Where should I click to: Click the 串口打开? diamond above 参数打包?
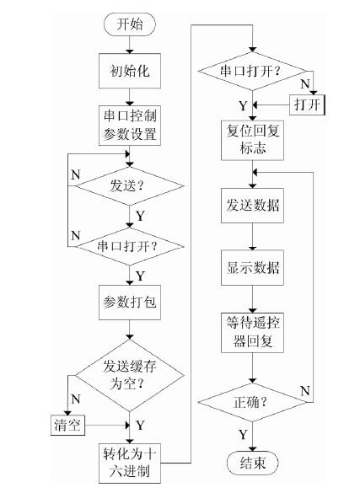click(128, 246)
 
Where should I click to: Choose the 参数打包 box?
click(128, 301)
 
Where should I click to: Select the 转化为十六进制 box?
click(128, 458)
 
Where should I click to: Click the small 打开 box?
click(306, 104)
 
